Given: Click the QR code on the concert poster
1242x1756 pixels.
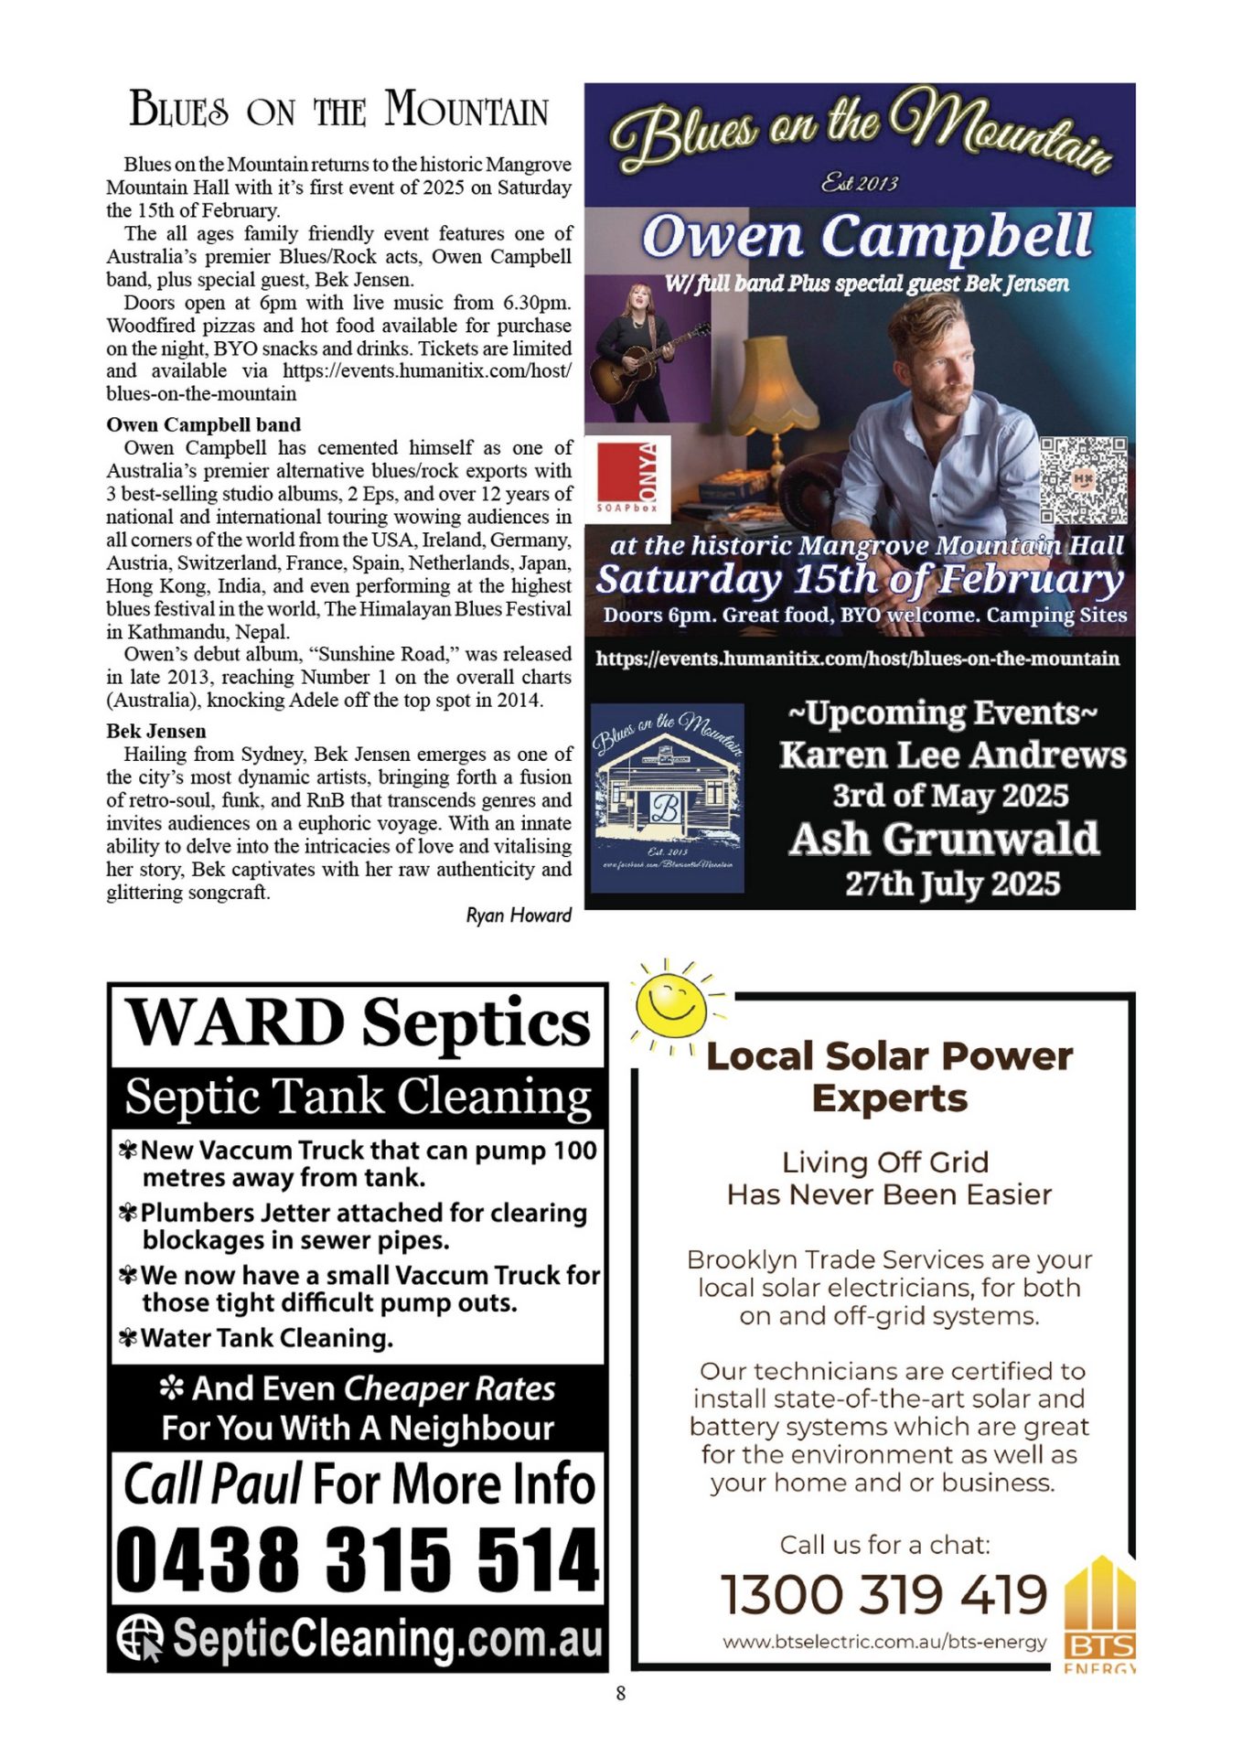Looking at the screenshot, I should (x=1082, y=480).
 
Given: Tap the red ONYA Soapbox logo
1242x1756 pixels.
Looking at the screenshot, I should (x=626, y=476).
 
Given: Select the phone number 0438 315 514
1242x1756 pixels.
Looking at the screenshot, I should (x=358, y=1558).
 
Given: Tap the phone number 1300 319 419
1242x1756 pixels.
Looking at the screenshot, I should (x=883, y=1595).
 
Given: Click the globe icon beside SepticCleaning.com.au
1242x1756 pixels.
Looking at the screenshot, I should (x=140, y=1636).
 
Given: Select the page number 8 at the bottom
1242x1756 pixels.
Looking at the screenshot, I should (x=621, y=1693).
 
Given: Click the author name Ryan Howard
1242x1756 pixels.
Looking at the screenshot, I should (x=519, y=915).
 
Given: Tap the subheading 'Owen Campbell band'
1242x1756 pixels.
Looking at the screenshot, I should (x=203, y=424).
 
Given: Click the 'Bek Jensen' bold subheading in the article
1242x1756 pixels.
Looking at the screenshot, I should (x=156, y=731).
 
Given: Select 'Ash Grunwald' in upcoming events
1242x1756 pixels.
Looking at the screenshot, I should (x=945, y=839).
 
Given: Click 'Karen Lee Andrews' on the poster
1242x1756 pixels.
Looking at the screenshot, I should (x=952, y=755).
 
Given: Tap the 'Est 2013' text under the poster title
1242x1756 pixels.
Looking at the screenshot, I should (x=859, y=183).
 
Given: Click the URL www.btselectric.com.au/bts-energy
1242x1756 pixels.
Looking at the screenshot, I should (x=884, y=1642).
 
